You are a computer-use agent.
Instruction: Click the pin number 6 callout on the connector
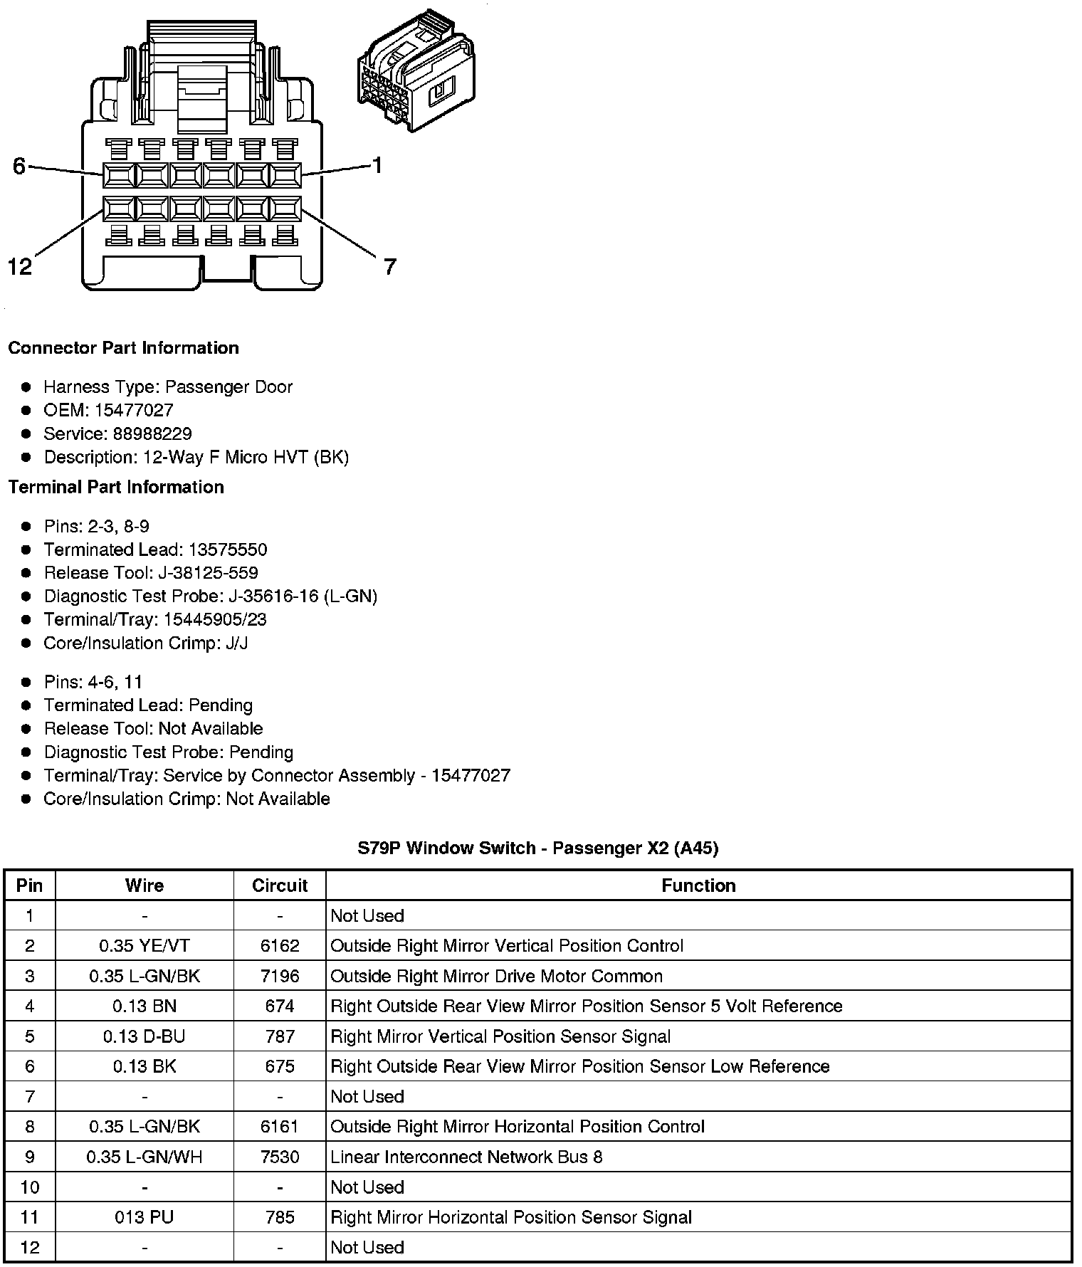[x=19, y=167]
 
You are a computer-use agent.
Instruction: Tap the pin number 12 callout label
[x=20, y=267]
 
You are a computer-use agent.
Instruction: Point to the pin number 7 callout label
[x=389, y=267]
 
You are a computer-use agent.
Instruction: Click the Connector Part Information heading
[x=123, y=348]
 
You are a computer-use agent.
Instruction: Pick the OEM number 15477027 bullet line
[x=108, y=410]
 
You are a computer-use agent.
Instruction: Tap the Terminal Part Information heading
[x=116, y=487]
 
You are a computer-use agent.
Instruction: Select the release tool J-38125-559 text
[x=151, y=573]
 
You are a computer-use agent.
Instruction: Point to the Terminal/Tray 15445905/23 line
[x=155, y=619]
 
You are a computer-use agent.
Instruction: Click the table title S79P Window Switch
[x=537, y=848]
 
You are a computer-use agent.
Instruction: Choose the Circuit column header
[x=280, y=885]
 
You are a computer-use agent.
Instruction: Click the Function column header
[x=698, y=885]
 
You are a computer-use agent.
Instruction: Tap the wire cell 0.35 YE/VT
[x=145, y=946]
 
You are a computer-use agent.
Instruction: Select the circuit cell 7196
[x=280, y=976]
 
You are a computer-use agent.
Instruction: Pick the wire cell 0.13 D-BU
[x=145, y=1036]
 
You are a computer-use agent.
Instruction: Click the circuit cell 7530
[x=280, y=1157]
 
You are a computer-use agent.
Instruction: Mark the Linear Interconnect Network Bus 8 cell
[x=466, y=1157]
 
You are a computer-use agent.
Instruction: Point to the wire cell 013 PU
[x=145, y=1217]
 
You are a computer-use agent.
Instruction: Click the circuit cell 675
[x=280, y=1066]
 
